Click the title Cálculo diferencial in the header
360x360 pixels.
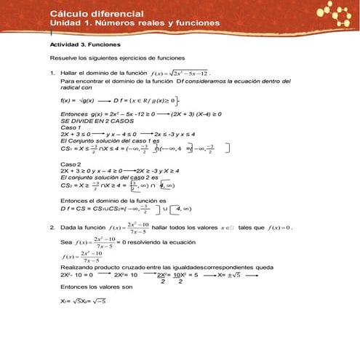pyautogui.click(x=97, y=14)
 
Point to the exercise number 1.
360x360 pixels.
pyautogui.click(x=52, y=73)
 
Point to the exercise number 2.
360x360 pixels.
pyautogui.click(x=52, y=227)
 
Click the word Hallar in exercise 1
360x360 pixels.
pyautogui.click(x=70, y=73)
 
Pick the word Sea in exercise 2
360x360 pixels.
pyautogui.click(x=65, y=241)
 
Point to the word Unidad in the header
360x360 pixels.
pyautogui.click(x=65, y=24)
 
